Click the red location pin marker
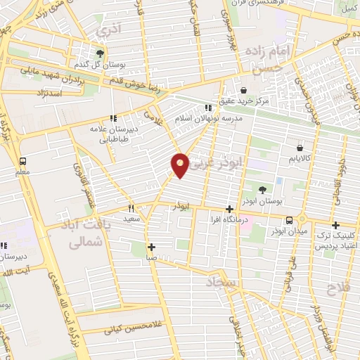[180, 165]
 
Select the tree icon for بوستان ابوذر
[262, 190]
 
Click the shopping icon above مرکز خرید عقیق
[243, 90]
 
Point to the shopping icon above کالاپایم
[300, 148]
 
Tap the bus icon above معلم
[23, 161]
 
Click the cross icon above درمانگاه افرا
[229, 209]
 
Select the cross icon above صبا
[151, 246]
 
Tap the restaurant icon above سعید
[131, 208]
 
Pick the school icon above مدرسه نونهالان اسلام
[207, 108]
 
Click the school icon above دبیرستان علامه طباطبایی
[112, 119]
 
